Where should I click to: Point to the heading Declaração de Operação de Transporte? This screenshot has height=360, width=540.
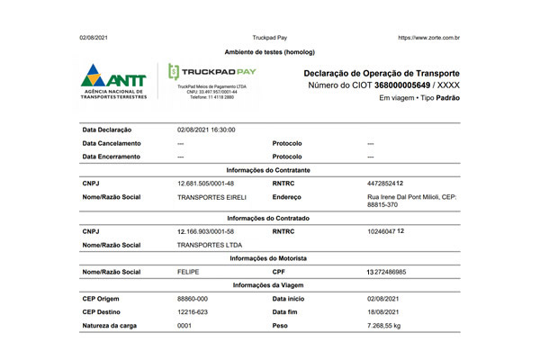(382, 72)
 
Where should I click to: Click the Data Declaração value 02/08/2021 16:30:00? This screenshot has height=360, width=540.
(206, 130)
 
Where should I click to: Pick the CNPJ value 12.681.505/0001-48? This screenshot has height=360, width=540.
(207, 184)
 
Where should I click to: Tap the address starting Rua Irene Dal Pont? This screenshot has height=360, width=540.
(412, 201)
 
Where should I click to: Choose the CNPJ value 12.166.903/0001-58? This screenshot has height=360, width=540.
(207, 231)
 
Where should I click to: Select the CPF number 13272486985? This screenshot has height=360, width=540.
(399, 271)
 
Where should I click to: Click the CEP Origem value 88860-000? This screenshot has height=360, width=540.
(193, 298)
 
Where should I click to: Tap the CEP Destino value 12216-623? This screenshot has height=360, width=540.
(193, 310)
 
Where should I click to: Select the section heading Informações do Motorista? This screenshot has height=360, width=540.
(269, 258)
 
